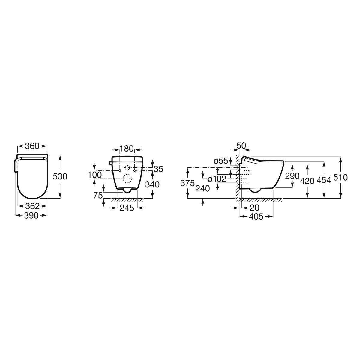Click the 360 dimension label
click(x=32, y=146)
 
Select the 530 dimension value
click(x=60, y=176)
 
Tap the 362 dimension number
click(x=32, y=206)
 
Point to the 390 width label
click(x=31, y=216)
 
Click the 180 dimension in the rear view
click(x=127, y=149)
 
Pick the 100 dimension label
click(x=95, y=175)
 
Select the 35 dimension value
click(x=159, y=169)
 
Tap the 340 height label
click(x=152, y=184)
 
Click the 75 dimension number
click(x=98, y=196)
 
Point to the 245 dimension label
click(x=127, y=208)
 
